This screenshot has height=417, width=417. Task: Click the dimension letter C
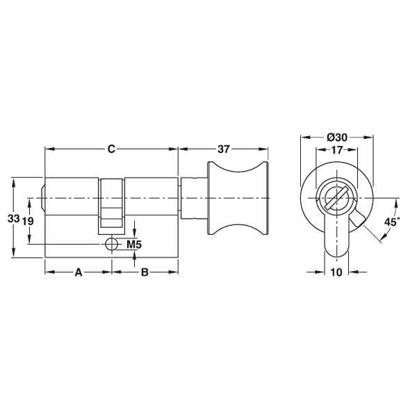click(111, 149)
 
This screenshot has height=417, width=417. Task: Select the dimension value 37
click(223, 149)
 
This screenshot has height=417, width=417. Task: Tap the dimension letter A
click(78, 272)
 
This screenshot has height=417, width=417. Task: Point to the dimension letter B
click(145, 272)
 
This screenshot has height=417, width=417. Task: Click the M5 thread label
click(134, 244)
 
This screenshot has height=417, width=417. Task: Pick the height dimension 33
click(14, 219)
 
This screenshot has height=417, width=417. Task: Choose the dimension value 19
click(28, 221)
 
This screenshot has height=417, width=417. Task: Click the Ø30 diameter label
click(337, 138)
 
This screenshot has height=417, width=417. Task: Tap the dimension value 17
click(336, 150)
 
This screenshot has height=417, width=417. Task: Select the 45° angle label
click(392, 222)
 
